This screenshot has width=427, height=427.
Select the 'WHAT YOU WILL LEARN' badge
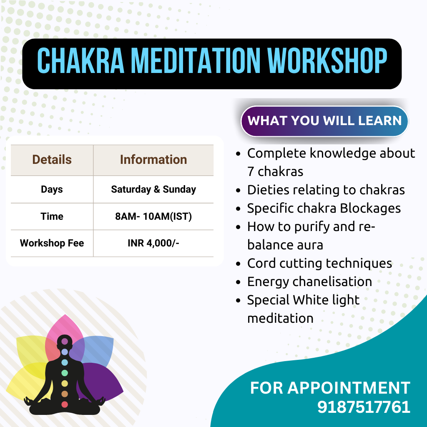pyautogui.click(x=324, y=121)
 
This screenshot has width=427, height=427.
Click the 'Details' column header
pyautogui.click(x=52, y=160)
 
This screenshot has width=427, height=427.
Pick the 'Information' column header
pyautogui.click(x=153, y=160)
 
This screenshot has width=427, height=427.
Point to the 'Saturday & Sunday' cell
pyautogui.click(x=153, y=189)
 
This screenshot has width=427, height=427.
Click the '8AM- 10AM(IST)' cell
pyautogui.click(x=153, y=216)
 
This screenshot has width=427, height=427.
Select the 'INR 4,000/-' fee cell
pyautogui.click(x=153, y=243)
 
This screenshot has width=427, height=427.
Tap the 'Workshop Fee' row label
pyautogui.click(x=52, y=243)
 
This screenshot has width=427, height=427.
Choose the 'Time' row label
pyautogui.click(x=52, y=216)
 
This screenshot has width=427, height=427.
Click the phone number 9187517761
pyautogui.click(x=364, y=407)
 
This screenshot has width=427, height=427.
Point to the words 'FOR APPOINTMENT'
pyautogui.click(x=330, y=388)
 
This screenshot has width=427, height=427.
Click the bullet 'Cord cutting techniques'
pyautogui.click(x=319, y=264)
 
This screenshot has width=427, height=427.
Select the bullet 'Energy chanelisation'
pyautogui.click(x=309, y=281)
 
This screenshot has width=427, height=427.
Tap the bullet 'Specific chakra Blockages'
pyautogui.click(x=324, y=208)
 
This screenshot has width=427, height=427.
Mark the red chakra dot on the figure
pyautogui.click(x=65, y=404)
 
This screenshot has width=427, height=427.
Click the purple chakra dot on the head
pyautogui.click(x=65, y=341)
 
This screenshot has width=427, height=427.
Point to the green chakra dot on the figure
pyautogui.click(x=65, y=373)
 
